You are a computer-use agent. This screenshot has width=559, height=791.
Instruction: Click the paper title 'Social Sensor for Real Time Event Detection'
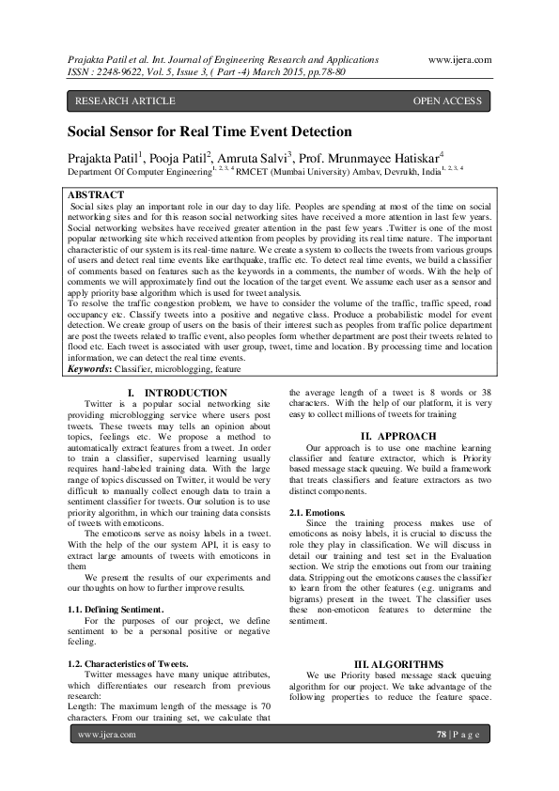209,132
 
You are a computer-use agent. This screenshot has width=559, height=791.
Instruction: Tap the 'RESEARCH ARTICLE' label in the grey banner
125,101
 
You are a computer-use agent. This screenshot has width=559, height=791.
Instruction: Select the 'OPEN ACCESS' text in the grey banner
451,101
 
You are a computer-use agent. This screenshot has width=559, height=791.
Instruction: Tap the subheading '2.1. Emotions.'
318,512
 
